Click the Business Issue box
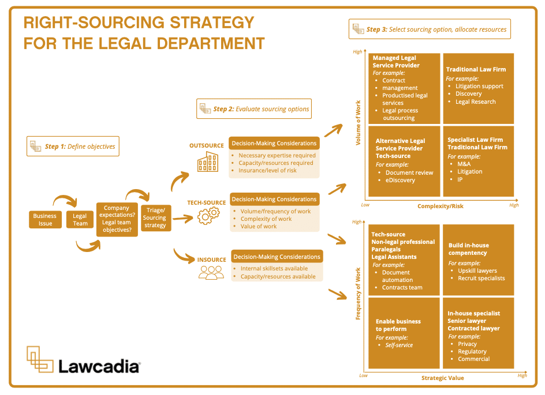pyautogui.click(x=45, y=220)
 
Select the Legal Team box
pyautogui.click(x=80, y=220)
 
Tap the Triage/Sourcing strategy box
pyautogui.click(x=154, y=217)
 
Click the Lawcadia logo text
pyautogui.click(x=99, y=366)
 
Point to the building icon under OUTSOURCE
pyautogui.click(x=207, y=163)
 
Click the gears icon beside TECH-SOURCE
pyautogui.click(x=208, y=216)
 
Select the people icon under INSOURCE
pyautogui.click(x=211, y=273)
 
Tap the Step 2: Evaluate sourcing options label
pyautogui.click(x=254, y=108)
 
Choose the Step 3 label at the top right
pyautogui.click(x=430, y=29)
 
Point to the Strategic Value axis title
pyautogui.click(x=442, y=378)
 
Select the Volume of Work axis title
pyautogui.click(x=359, y=123)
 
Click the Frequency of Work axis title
pyautogui.click(x=359, y=294)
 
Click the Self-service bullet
pyautogui.click(x=399, y=345)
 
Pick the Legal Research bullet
pyautogui.click(x=475, y=101)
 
